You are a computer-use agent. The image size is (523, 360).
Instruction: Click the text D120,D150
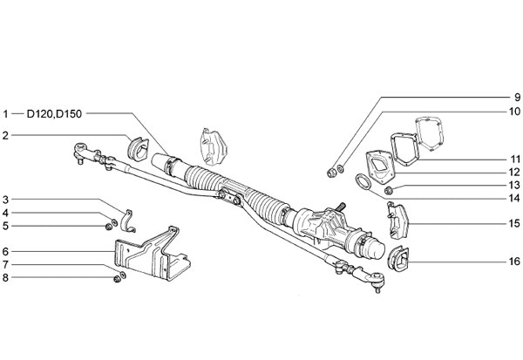click(54, 114)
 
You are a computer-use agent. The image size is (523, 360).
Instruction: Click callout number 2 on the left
click(5, 135)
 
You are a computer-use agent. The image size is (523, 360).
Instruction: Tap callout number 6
click(5, 251)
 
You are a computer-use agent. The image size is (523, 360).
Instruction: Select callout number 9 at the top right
click(517, 97)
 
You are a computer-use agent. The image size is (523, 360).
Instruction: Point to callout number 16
click(514, 261)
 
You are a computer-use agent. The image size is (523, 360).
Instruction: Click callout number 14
click(514, 198)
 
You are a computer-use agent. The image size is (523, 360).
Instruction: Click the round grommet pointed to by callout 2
click(138, 147)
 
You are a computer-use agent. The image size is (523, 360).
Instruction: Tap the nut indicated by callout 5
click(108, 228)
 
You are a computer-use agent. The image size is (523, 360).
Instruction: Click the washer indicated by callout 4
click(114, 222)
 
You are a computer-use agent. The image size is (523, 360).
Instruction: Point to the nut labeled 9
click(331, 173)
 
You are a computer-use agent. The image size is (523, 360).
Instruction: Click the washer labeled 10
click(340, 169)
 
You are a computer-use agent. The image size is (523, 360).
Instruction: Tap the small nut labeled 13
click(388, 191)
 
